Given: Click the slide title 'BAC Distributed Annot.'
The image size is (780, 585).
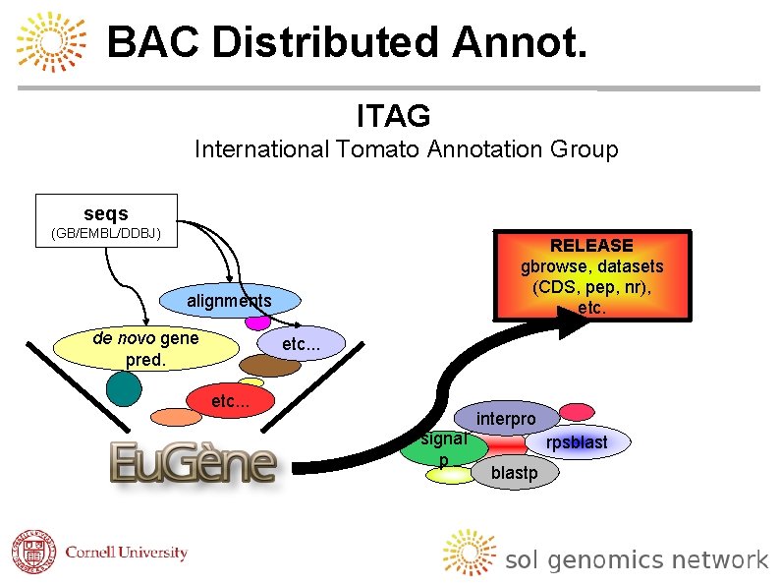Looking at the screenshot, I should point(347,42).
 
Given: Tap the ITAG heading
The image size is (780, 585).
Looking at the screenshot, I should point(393,116).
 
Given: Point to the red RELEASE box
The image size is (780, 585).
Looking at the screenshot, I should point(591,275).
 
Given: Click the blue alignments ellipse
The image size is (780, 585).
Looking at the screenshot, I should point(230,301).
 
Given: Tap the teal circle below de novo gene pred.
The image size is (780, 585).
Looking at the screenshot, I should point(124,388).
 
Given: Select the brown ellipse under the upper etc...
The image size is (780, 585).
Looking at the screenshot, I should point(270,365).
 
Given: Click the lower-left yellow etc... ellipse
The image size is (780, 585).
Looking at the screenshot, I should point(230,401).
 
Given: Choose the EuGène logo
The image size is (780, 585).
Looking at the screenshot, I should point(193,462).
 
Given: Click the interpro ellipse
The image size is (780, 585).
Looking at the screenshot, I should point(506,419).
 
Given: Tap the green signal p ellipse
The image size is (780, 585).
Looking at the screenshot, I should point(444,449).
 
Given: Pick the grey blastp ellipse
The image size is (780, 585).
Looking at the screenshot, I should point(514,473).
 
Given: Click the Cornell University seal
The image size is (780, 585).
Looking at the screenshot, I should point(34,553).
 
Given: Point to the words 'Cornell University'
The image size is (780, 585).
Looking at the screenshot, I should point(126,553).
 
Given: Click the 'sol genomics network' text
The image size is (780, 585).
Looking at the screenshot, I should point(636,560).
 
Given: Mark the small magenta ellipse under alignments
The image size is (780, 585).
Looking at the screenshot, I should point(257,322).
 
